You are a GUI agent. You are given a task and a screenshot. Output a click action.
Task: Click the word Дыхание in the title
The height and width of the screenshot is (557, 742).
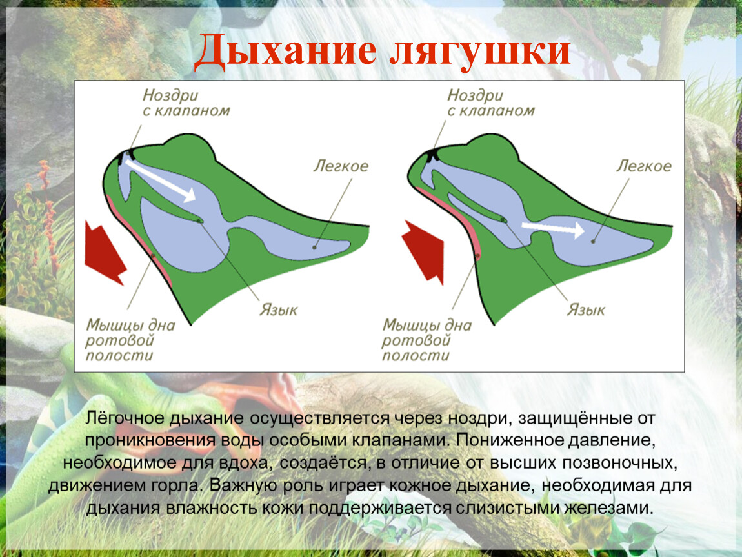tap(286, 50)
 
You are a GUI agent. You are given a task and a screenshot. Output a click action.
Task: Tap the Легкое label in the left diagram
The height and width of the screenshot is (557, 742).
tap(341, 166)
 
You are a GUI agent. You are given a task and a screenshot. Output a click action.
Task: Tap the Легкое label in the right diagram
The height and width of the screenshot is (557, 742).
tap(643, 166)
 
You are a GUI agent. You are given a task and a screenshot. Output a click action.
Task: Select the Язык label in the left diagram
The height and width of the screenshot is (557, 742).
tap(279, 309)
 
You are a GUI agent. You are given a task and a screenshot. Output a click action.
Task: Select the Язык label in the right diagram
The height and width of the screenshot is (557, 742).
tap(586, 309)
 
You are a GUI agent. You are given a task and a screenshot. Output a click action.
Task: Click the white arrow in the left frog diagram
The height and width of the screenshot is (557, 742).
tap(161, 179)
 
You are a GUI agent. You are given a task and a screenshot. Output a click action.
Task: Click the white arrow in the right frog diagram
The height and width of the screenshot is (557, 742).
tap(553, 229)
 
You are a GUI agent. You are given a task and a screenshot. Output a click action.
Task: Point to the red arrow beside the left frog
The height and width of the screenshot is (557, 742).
tap(105, 253)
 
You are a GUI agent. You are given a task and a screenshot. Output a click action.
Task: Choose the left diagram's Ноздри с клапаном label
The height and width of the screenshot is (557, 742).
tap(186, 103)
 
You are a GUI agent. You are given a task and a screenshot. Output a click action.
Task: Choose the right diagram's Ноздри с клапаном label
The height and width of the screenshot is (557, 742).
tap(491, 103)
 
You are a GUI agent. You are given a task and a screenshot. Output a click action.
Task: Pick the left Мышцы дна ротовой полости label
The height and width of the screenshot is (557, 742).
tap(130, 340)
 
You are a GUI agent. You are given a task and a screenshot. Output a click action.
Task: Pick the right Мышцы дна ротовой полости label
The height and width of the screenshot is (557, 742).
tap(426, 340)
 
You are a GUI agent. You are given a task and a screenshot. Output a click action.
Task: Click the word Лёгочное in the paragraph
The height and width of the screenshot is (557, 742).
tap(124, 418)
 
